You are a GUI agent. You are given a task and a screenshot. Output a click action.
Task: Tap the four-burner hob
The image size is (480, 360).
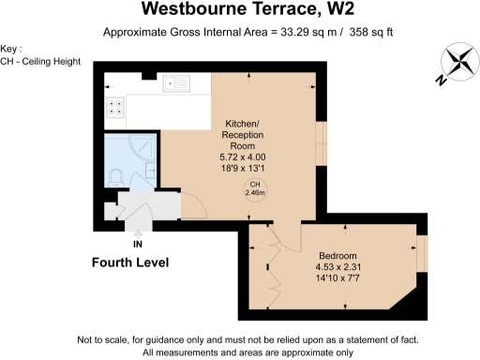point(117,107)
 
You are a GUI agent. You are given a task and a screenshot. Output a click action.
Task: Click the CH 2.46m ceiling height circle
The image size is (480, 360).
point(254,187)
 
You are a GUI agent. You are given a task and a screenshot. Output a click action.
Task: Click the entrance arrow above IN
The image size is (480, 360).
point(138,231)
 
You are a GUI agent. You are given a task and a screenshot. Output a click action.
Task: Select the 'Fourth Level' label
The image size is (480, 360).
point(129,263)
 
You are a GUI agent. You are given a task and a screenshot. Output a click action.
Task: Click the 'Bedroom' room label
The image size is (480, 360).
point(337,254)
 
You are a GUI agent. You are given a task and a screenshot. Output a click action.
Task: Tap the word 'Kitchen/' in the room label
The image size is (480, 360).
point(245,124)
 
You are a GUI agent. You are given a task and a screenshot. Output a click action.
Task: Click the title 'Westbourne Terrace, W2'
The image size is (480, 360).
point(240,10)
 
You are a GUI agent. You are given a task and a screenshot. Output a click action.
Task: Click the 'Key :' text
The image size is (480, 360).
point(12,49)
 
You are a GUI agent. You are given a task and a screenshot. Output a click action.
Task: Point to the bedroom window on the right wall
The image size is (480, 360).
point(421,251)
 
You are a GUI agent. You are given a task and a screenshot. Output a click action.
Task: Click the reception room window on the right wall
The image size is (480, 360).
point(321,142)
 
